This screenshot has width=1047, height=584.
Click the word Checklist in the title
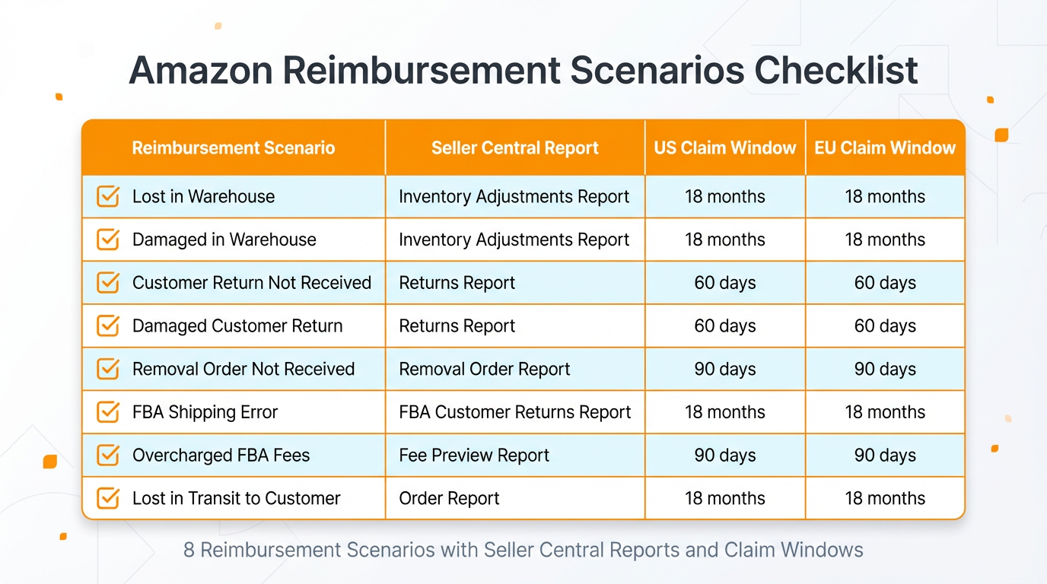tap(836, 71)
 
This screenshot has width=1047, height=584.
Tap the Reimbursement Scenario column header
tap(234, 148)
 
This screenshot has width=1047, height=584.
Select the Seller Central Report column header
tap(515, 148)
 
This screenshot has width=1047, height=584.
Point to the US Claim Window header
tap(725, 148)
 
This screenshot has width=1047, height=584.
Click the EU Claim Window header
tap(885, 148)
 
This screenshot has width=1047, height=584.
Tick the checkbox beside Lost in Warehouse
tap(108, 196)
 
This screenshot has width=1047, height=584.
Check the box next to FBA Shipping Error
tap(108, 412)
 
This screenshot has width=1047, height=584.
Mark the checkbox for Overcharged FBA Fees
tap(108, 455)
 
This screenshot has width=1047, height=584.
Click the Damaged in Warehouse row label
tap(224, 240)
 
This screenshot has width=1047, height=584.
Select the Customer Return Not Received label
tap(251, 283)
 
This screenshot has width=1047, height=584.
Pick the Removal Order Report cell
tap(484, 369)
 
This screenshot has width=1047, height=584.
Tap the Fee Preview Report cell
tap(473, 455)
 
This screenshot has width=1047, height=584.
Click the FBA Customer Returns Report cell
tap(514, 412)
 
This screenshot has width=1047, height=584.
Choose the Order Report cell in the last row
tap(449, 499)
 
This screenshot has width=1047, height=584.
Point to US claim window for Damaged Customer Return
tap(725, 326)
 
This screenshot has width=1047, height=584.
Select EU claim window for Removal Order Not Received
tap(885, 369)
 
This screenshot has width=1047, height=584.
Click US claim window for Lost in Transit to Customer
tap(725, 499)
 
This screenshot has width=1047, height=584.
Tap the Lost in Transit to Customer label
tap(236, 499)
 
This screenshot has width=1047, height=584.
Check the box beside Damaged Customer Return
tap(108, 326)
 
